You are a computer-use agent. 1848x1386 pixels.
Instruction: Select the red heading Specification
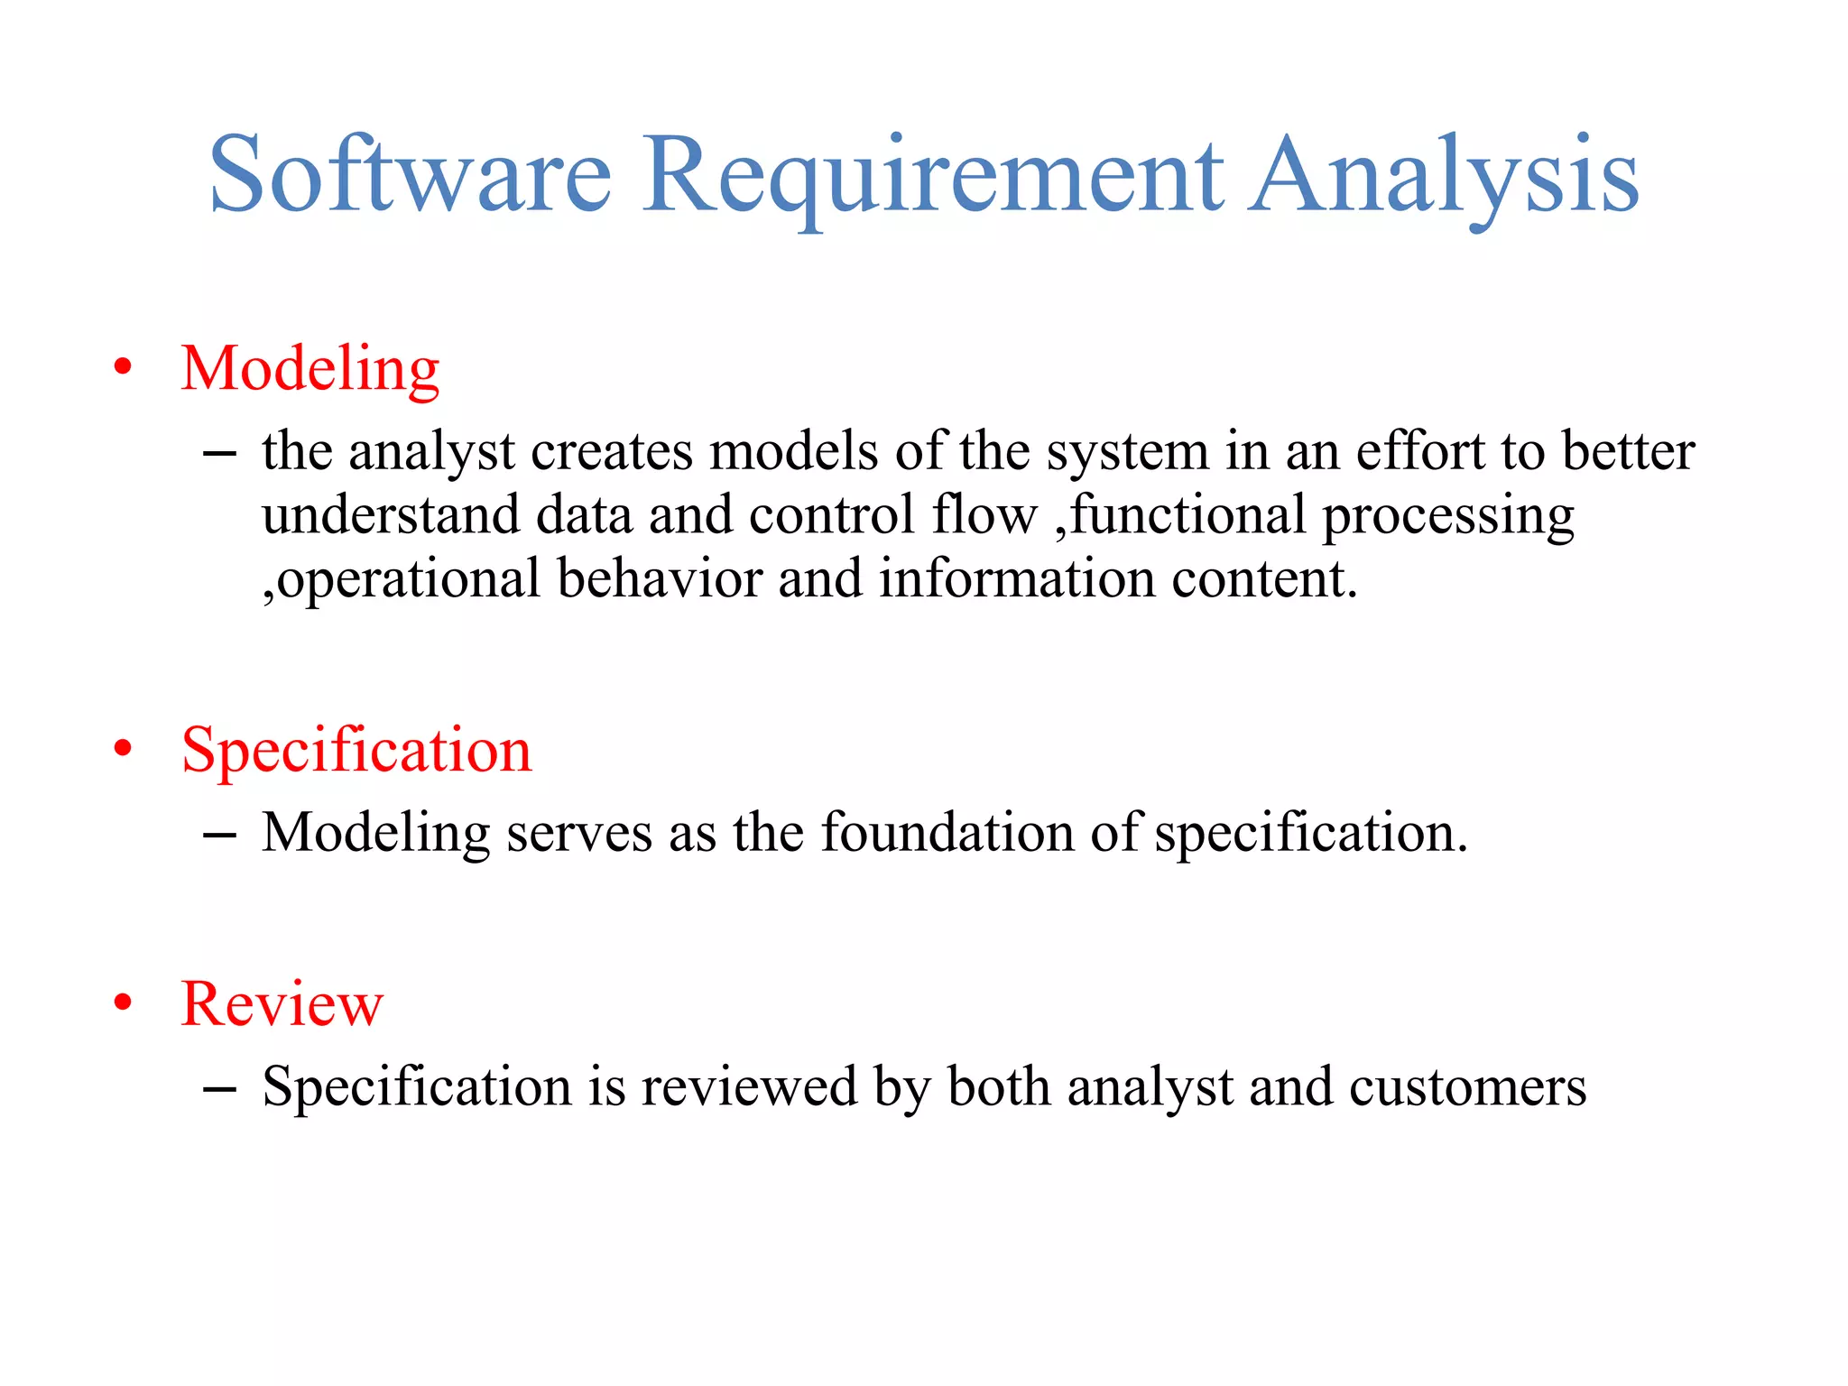click(356, 750)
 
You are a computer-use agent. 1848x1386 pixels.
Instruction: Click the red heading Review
click(282, 1003)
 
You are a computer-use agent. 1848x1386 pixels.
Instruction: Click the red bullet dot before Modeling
click(124, 369)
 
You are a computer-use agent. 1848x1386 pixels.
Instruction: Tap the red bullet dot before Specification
click(124, 750)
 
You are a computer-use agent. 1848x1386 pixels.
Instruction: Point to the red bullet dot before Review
click(124, 1003)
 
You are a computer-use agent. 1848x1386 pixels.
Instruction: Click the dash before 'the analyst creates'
click(219, 454)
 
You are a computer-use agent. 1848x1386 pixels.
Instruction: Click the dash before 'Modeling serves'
click(219, 836)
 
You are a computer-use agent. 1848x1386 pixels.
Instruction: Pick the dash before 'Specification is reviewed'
click(219, 1089)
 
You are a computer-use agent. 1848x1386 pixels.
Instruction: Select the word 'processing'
click(1447, 516)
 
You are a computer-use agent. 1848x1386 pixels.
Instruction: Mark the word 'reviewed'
click(749, 1086)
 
